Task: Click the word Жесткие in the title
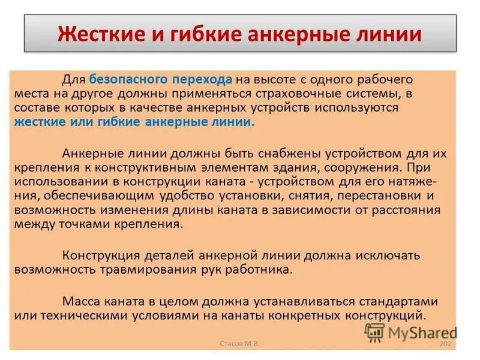pos(97,33)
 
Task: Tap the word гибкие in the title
pos(190,33)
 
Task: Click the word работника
pos(259,269)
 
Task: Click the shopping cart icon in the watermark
pos(375,332)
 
